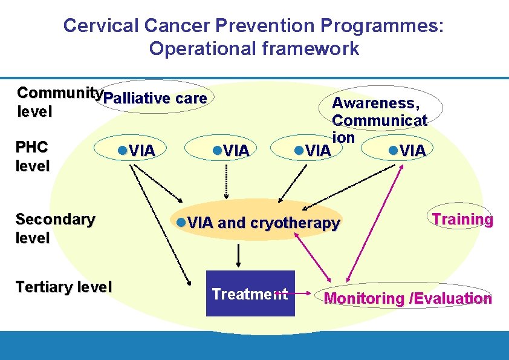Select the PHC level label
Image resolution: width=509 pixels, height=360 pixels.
[x=33, y=156]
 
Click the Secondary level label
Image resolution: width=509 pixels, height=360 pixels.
[x=55, y=228]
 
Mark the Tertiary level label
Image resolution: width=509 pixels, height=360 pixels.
[x=64, y=287]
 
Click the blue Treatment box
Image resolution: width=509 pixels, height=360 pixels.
[x=250, y=294]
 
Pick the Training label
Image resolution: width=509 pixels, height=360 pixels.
[x=462, y=220]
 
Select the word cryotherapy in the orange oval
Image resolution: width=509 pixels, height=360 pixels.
[x=295, y=223]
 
